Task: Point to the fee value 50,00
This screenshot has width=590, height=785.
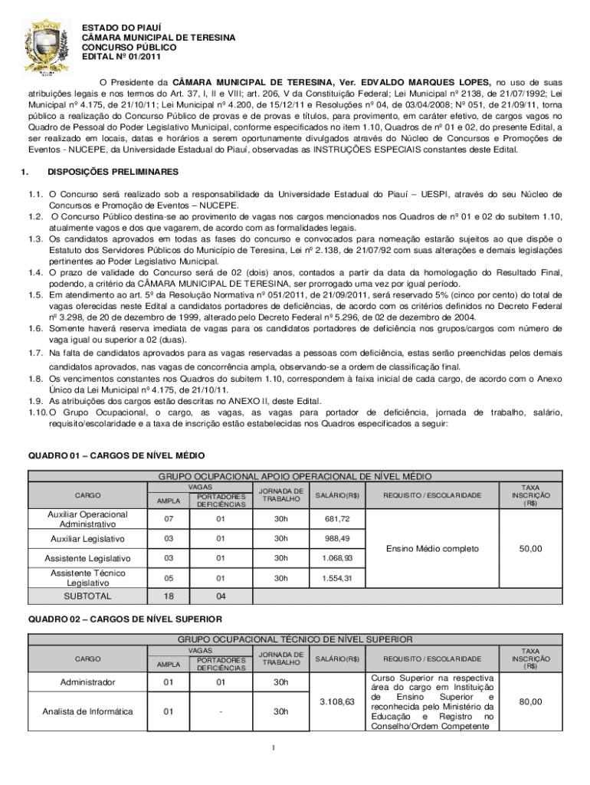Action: point(529,549)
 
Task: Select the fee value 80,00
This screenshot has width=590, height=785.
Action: point(529,701)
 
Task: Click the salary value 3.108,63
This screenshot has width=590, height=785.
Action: point(338,701)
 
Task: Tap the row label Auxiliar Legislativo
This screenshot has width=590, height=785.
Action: point(87,539)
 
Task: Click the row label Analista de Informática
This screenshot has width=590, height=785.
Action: point(87,711)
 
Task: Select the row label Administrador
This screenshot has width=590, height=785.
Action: point(87,682)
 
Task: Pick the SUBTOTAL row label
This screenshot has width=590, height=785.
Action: point(87,596)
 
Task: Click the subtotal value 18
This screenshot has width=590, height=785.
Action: point(169,596)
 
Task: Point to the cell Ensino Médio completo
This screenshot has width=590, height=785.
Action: point(433,549)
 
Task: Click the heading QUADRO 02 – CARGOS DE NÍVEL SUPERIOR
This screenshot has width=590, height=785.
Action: point(125,618)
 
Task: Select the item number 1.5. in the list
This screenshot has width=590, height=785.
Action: point(34,294)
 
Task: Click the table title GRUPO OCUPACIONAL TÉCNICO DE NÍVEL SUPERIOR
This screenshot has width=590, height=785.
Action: point(295,639)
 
